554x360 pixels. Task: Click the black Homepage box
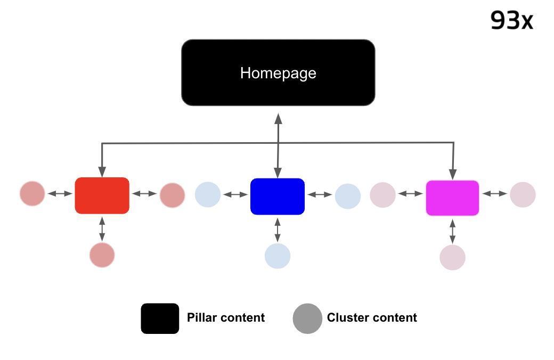tap(278, 72)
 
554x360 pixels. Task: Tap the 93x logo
tap(511, 20)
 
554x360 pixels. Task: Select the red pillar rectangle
tap(102, 195)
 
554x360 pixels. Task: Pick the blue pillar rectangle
tap(277, 197)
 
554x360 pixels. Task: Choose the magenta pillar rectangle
tap(452, 198)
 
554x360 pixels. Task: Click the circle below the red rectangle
tap(102, 255)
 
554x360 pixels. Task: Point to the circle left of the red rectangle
tap(32, 193)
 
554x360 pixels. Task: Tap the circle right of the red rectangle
tap(172, 195)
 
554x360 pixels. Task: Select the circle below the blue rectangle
tap(278, 256)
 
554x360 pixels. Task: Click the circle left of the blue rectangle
tap(208, 194)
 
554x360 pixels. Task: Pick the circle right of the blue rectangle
tap(348, 196)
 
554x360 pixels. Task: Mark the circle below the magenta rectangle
tap(452, 257)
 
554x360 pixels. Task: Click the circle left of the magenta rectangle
tap(382, 195)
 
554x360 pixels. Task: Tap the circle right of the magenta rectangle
tap(523, 194)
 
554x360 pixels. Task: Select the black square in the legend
tap(160, 318)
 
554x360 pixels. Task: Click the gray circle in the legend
tap(307, 318)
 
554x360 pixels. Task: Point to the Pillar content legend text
tap(226, 318)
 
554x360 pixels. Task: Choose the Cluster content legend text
tap(372, 318)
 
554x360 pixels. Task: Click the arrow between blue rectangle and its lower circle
tap(278, 229)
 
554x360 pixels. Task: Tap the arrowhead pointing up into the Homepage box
tap(278, 118)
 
